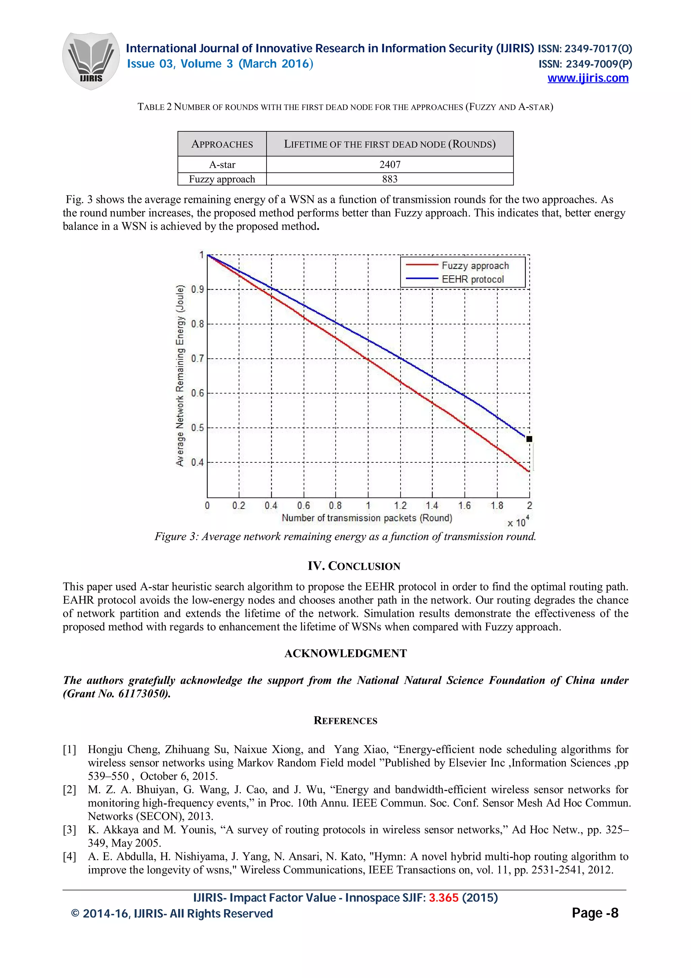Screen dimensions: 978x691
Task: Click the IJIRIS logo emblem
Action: pyautogui.click(x=91, y=60)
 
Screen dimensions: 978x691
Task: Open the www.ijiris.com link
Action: pyautogui.click(x=587, y=78)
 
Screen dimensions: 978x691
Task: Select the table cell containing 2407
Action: pyautogui.click(x=390, y=164)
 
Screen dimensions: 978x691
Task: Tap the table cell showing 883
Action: pyautogui.click(x=390, y=179)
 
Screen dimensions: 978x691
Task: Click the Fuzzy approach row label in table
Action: pyautogui.click(x=222, y=179)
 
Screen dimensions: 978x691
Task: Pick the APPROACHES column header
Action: pyautogui.click(x=222, y=144)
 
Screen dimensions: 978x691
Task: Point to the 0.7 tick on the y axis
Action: pyautogui.click(x=197, y=359)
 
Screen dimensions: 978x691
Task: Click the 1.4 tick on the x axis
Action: pyautogui.click(x=432, y=506)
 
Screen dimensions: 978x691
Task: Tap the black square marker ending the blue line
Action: pyautogui.click(x=529, y=439)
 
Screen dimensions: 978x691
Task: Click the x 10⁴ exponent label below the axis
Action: pyautogui.click(x=518, y=522)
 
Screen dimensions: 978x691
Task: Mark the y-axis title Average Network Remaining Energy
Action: pyautogui.click(x=180, y=375)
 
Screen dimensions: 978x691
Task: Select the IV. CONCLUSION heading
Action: pyautogui.click(x=354, y=566)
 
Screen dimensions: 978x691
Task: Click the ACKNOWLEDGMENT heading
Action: pyautogui.click(x=345, y=653)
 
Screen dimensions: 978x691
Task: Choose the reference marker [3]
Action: pyautogui.click(x=70, y=830)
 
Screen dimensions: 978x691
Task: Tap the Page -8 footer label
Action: pyautogui.click(x=595, y=913)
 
